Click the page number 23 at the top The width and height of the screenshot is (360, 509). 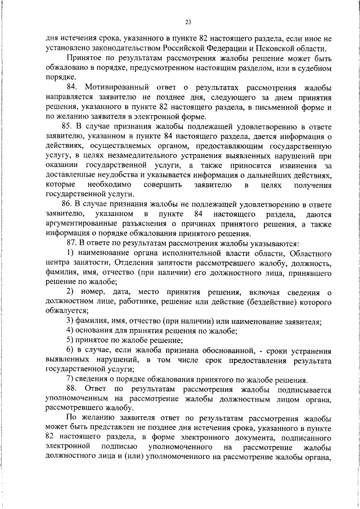[x=188, y=22]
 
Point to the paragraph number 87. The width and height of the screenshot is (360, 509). [x=72, y=245]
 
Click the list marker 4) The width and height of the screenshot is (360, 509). [x=70, y=331]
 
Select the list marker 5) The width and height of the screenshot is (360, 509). [x=70, y=341]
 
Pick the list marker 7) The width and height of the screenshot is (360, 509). [x=70, y=380]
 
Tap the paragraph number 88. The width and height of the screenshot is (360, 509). [x=73, y=389]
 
